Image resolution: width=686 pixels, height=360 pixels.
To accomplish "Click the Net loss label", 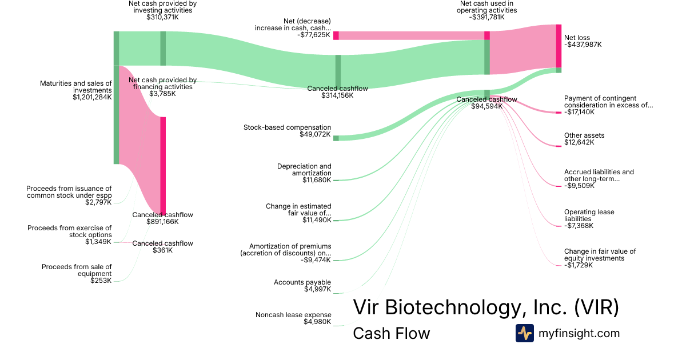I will pos(577,38).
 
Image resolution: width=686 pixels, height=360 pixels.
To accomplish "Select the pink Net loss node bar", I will pos(559,46).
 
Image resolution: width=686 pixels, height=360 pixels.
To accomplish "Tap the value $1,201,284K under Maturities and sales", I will pos(92,97).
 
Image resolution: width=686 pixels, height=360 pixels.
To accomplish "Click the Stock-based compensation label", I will pos(287,127).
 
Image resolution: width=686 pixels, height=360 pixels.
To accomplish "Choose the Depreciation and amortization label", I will pos(304,170).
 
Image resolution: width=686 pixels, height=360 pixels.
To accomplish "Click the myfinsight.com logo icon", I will pos(524,333).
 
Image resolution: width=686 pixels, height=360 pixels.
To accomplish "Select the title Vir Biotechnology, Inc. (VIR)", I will pos(486,307).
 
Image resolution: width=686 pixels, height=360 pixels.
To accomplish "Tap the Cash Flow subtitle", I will pos(391,333).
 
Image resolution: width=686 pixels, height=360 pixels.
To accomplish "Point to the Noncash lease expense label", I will pos(293,315).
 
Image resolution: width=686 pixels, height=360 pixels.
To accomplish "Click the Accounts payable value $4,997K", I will pos(318,289).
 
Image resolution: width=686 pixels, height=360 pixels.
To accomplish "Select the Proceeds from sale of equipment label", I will pos(77,270).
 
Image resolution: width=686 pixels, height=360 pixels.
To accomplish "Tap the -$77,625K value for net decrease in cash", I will pos(314,35).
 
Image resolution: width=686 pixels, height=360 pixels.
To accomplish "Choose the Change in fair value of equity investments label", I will pos(600,255).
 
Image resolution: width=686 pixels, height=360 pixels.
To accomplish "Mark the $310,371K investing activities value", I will pos(162,17).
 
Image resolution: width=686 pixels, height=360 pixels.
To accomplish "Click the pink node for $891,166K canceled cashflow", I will pos(163,166).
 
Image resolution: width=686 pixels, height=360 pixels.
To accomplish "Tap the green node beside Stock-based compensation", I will pos(336,138).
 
